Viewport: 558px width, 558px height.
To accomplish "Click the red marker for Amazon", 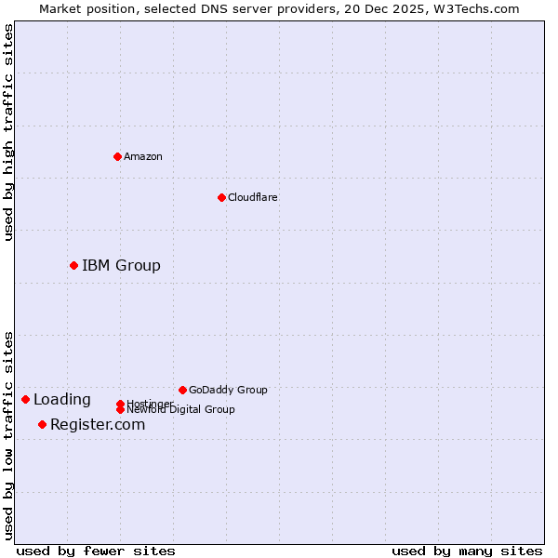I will pyautogui.click(x=117, y=156).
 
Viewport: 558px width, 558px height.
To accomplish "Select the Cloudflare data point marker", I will pyautogui.click(x=221, y=197).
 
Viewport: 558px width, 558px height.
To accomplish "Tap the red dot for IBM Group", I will pyautogui.click(x=73, y=266).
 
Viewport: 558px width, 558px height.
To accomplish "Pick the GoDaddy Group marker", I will pyautogui.click(x=182, y=390).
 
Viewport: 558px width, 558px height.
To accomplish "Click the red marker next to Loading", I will pyautogui.click(x=25, y=400).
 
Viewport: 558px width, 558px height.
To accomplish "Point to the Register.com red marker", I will pyautogui.click(x=42, y=425).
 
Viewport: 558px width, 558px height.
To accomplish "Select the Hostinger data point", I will pyautogui.click(x=120, y=404).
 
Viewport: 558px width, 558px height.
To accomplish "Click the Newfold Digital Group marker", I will pyautogui.click(x=120, y=410).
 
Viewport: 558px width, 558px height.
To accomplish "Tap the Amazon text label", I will pyautogui.click(x=143, y=156).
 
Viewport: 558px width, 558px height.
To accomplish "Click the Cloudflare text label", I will pyautogui.click(x=252, y=197).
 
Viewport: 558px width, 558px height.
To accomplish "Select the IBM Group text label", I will pyautogui.click(x=121, y=266).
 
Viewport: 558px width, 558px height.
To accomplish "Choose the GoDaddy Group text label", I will pyautogui.click(x=228, y=390).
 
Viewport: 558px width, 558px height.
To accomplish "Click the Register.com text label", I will pyautogui.click(x=98, y=425).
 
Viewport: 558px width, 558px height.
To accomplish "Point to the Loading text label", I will pyautogui.click(x=62, y=400).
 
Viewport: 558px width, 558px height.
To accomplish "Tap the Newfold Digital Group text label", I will pyautogui.click(x=180, y=410).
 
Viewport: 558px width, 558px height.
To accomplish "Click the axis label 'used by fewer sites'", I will pyautogui.click(x=96, y=551).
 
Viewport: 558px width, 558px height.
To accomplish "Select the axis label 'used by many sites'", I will pyautogui.click(x=467, y=551).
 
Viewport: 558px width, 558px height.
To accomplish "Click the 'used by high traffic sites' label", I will pyautogui.click(x=9, y=132).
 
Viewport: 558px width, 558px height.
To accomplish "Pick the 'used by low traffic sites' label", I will pyautogui.click(x=9, y=435).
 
